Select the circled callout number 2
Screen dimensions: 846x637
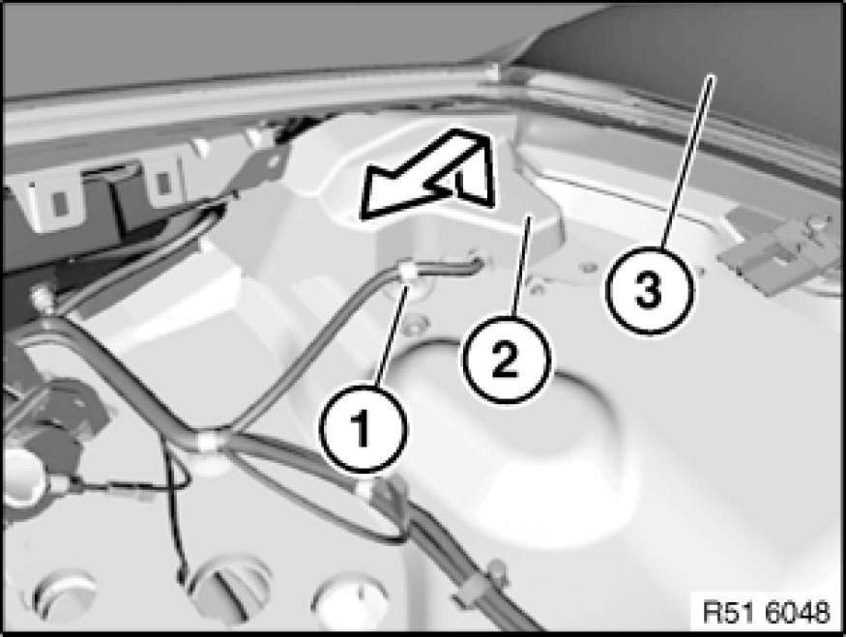506,359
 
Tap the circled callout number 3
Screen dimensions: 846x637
649,290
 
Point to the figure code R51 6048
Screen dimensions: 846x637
766,612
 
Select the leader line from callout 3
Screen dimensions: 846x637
686,161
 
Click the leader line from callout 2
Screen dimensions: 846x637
521,266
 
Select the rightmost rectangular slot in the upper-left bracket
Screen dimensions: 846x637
163,181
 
